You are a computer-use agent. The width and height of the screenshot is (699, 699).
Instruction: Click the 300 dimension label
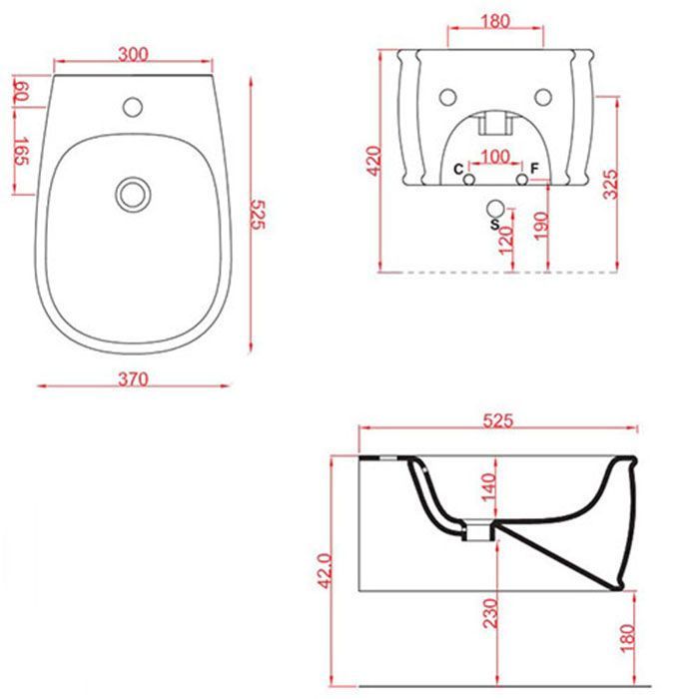[x=133, y=54]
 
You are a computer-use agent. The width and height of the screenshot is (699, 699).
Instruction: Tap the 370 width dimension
[x=133, y=378]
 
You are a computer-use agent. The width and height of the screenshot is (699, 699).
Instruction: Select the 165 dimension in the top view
[x=21, y=152]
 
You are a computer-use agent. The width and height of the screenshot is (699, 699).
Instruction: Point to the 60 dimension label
[x=21, y=92]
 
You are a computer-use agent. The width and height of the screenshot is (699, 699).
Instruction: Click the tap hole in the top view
[x=133, y=107]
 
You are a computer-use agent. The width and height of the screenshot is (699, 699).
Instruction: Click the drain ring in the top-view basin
[x=133, y=195]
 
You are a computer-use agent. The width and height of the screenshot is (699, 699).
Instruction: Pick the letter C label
[x=458, y=170]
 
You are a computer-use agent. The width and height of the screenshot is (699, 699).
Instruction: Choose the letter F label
[x=534, y=169]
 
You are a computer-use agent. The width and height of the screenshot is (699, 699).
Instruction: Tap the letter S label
[x=494, y=225]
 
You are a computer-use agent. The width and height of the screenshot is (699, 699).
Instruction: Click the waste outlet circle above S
[x=495, y=209]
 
